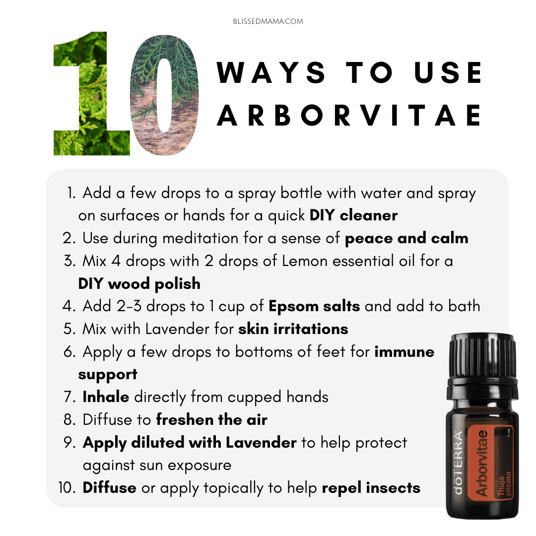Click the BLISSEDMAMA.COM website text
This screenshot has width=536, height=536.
coord(268,21)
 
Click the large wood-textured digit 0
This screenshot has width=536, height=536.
coord(164,95)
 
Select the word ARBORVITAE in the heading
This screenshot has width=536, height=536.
coord(349,115)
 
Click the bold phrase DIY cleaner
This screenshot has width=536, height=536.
coord(353,215)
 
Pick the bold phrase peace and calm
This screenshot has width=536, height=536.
coord(406,238)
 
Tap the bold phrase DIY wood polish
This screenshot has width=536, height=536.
coord(139,284)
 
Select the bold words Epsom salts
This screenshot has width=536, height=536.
coord(314,306)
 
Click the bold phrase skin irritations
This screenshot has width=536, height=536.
coord(293,329)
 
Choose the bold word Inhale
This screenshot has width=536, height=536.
coord(106,397)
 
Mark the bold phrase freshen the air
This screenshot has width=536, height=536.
coord(211,419)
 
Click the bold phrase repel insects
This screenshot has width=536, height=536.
coord(371,488)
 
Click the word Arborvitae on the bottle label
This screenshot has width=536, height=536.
coord(482,463)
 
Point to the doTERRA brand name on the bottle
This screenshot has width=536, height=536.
coord(458,462)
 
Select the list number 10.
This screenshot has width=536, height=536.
coord(67,488)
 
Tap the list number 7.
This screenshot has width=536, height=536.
coord(69,397)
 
